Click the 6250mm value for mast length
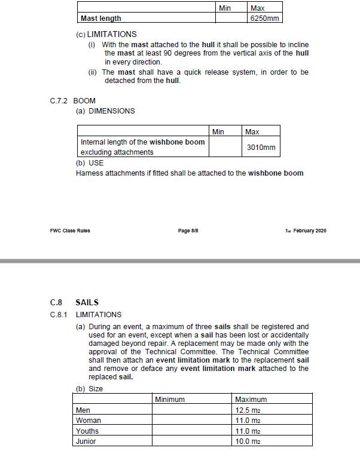coord(265,19)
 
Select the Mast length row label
coord(100,19)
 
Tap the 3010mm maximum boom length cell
coord(261,147)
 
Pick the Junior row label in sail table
coord(86,441)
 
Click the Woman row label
coord(89,421)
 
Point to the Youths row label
coord(87,431)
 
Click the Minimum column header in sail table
coord(170,400)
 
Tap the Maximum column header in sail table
coord(251,400)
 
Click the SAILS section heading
coord(87,302)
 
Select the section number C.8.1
coord(58,314)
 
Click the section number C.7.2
coord(59,100)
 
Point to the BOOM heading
coord(84,100)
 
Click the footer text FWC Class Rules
coord(70,231)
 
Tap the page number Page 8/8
coord(188,231)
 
